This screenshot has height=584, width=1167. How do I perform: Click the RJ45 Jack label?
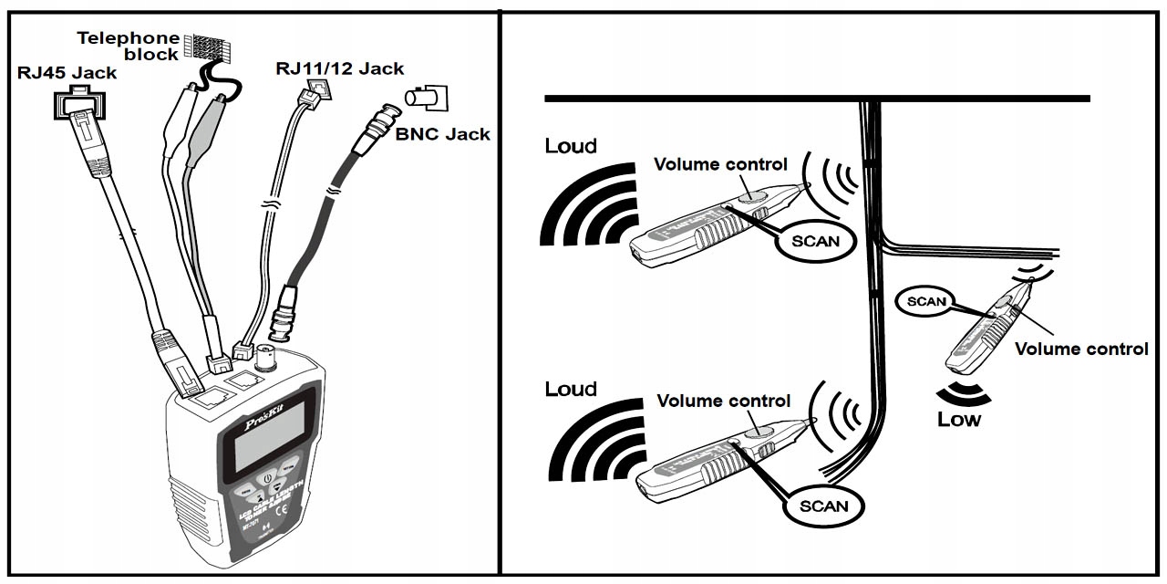[67, 72]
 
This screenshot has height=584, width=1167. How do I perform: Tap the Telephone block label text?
[128, 46]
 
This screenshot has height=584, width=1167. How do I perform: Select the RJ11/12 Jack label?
[340, 68]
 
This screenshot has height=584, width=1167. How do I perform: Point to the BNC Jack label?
[442, 134]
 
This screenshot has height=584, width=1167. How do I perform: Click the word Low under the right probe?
[959, 420]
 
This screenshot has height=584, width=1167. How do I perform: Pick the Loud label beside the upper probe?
[571, 145]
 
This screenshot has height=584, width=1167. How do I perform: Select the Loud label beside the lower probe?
[571, 389]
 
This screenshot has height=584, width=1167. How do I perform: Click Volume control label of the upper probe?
[720, 164]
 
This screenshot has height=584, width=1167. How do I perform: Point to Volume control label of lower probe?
[724, 401]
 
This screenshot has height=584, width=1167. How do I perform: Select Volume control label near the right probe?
[1081, 349]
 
